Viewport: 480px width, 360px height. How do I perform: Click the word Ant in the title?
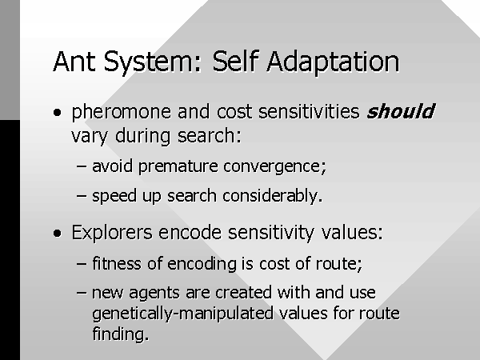point(74,62)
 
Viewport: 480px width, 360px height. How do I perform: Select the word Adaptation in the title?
point(333,63)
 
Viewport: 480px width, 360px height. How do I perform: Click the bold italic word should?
point(401,111)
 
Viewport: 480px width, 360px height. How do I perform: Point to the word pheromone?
point(122,113)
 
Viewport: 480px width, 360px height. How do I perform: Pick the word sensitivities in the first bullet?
point(309,111)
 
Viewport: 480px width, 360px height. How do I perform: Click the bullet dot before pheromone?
point(57,112)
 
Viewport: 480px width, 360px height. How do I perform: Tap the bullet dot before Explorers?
point(57,234)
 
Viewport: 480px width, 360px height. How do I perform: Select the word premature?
point(178,167)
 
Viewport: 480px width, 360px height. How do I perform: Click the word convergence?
point(274,167)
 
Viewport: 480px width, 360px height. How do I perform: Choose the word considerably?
point(273,196)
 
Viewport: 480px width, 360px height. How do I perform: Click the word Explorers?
point(112,233)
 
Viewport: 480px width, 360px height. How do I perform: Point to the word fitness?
point(117,263)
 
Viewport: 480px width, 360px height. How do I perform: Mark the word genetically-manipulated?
point(182,314)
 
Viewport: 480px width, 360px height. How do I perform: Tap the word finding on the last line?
point(120,333)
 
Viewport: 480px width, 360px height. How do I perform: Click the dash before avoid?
point(82,167)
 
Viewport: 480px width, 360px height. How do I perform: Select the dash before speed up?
point(82,196)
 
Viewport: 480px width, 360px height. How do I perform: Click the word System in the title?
point(153,62)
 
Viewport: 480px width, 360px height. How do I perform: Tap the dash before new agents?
point(82,292)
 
